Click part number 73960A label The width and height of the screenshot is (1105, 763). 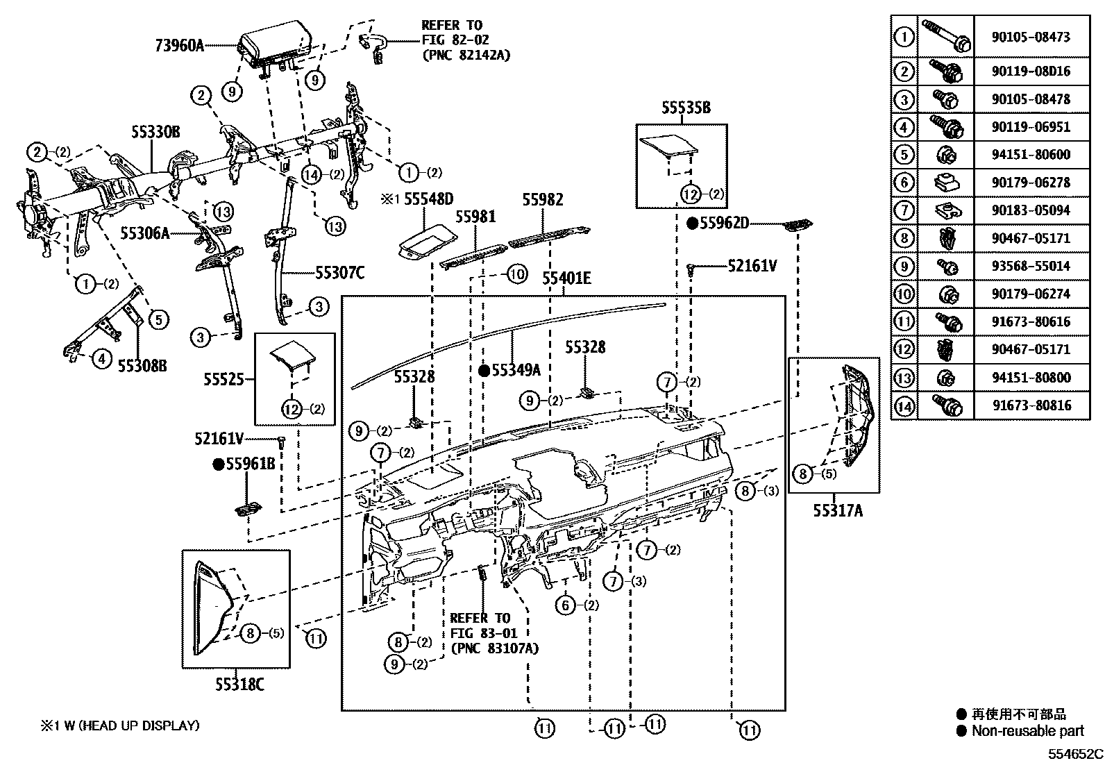point(179,47)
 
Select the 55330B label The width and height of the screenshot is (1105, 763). point(156,131)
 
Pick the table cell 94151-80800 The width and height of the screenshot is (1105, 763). point(1031,378)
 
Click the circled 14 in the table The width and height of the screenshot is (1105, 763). point(904,405)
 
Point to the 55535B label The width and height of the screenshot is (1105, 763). point(686,108)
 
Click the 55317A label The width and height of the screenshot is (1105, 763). point(838,511)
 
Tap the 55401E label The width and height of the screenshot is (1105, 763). point(566,279)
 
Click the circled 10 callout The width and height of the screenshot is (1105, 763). point(516,274)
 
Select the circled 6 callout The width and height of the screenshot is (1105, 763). point(566,605)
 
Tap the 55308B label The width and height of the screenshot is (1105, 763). point(142,366)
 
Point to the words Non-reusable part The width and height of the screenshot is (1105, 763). point(1027,730)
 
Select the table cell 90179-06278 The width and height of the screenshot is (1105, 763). point(1031,183)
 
